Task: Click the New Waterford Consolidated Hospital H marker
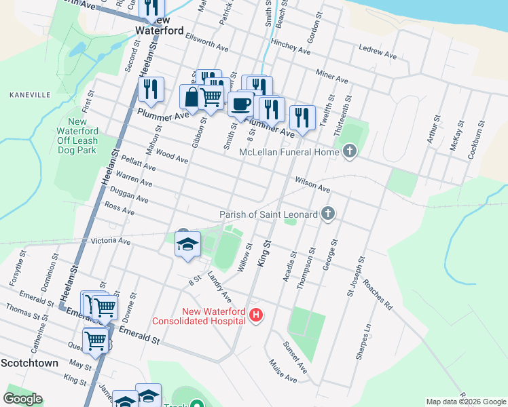[x=256, y=315]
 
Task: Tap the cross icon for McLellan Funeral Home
[x=350, y=151]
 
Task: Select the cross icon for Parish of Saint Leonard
[x=327, y=214]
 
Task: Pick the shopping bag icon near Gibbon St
[x=192, y=96]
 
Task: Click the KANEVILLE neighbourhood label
[x=30, y=95]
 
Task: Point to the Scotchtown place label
[x=29, y=363]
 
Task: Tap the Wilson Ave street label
[x=312, y=184]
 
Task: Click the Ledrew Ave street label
[x=376, y=50]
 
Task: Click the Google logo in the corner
[x=22, y=399]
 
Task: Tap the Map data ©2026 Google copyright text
[x=465, y=402]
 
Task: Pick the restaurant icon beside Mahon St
[x=150, y=90]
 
